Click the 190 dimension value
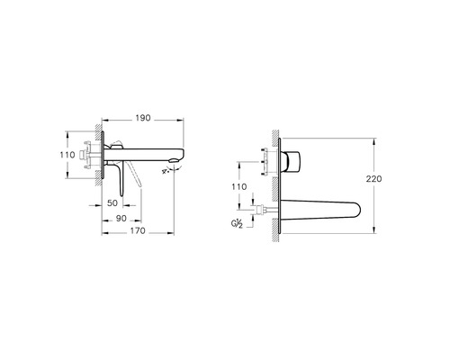[x=143, y=118]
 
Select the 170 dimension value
[x=138, y=231]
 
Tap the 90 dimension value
[x=121, y=219]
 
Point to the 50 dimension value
[x=112, y=203]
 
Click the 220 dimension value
[x=373, y=179]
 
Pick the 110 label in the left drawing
[x=67, y=155]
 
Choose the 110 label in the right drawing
[x=238, y=187]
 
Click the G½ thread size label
[x=237, y=224]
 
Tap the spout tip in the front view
[x=359, y=210]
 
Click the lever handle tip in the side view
[x=121, y=195]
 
